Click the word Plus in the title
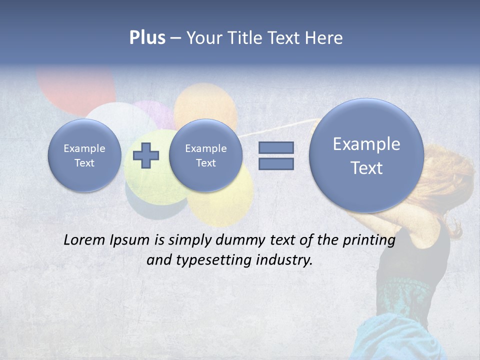pos(147,38)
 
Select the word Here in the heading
pos(324,38)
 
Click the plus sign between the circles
pos(146,155)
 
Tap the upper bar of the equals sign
pos(276,147)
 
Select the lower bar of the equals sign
pos(276,163)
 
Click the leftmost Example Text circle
pos(84,155)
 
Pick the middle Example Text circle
pos(206,155)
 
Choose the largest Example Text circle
pos(366,155)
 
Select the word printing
pos(369,240)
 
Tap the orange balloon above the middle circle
pos(205,100)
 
